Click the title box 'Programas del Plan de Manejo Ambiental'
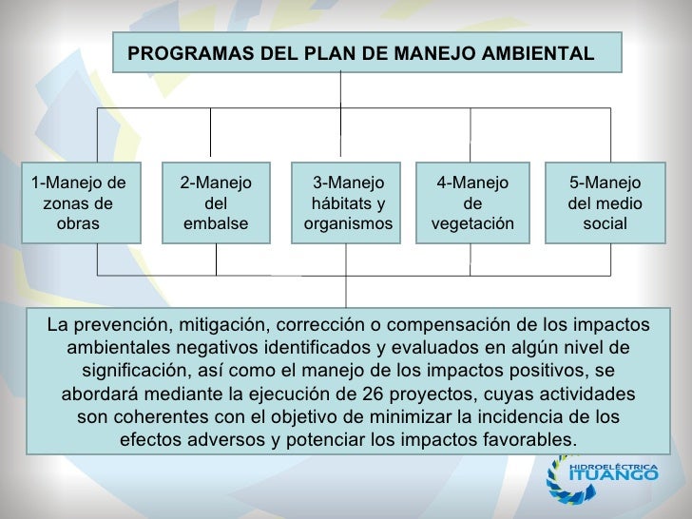(x=367, y=52)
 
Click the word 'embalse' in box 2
(x=215, y=224)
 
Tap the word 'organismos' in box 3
(x=348, y=224)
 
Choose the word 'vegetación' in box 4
(x=472, y=224)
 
